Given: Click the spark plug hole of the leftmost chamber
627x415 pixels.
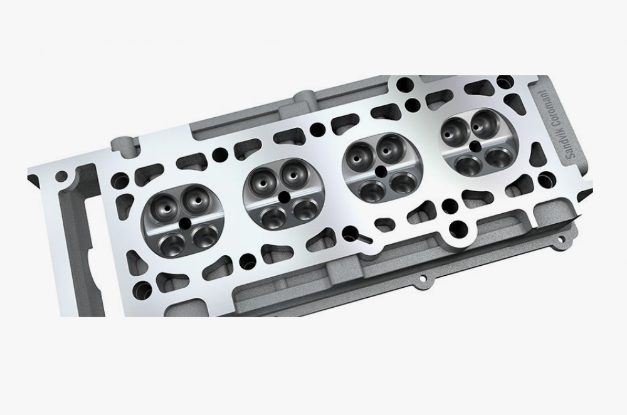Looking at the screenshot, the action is coord(184,224).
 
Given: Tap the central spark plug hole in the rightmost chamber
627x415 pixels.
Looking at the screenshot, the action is coord(475,146).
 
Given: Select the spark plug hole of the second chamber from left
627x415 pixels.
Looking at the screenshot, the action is coord(284,197).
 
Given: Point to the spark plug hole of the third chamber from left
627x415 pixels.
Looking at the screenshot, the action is coord(381,171).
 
